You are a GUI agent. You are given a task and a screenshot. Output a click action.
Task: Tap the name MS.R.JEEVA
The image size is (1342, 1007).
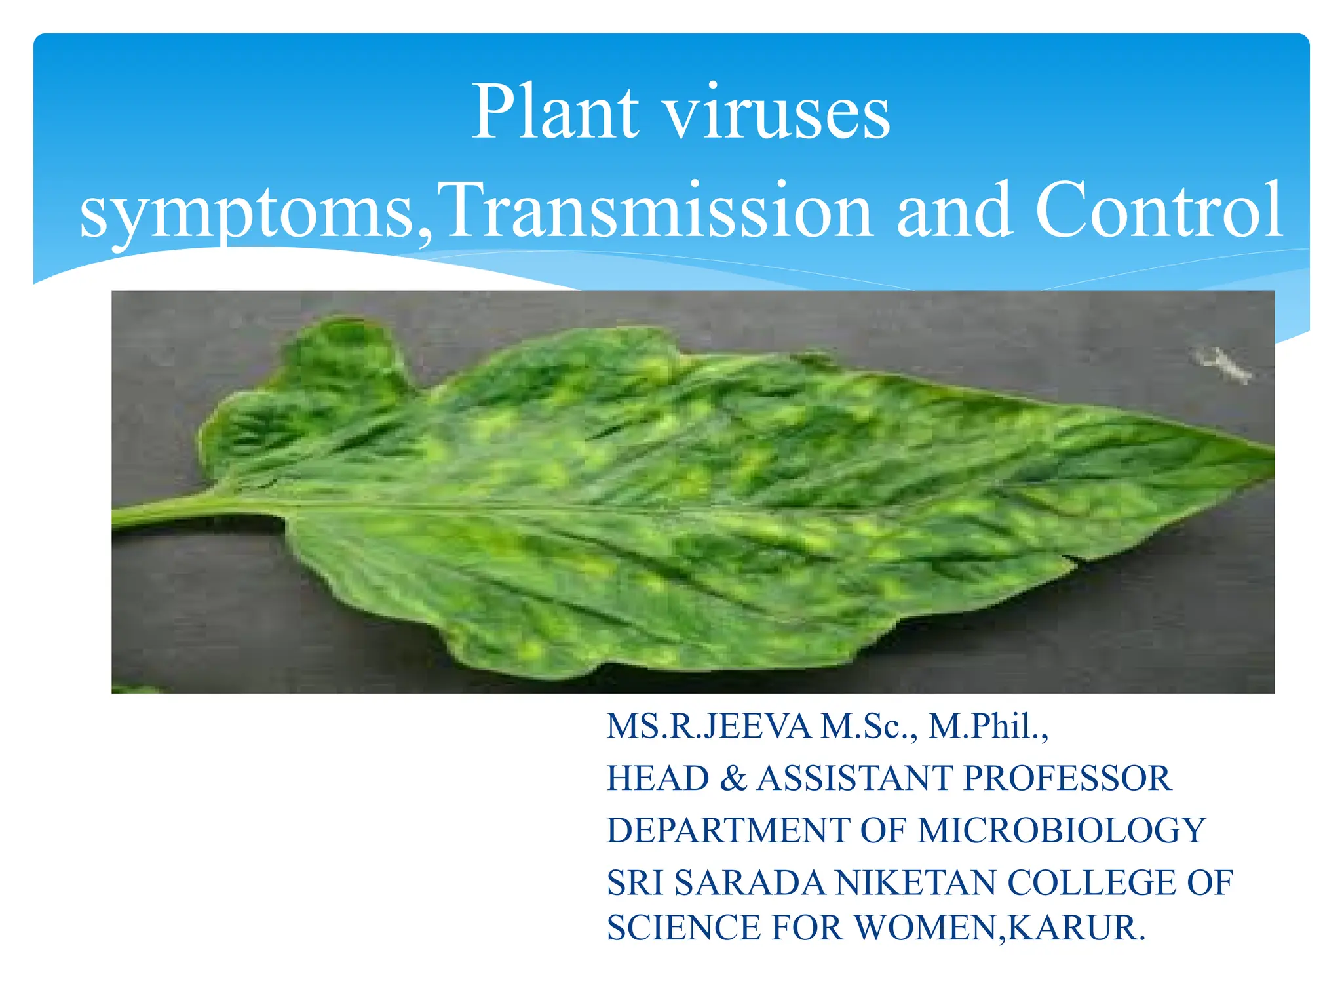[708, 726]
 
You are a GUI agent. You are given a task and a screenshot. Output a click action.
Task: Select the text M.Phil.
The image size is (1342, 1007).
[986, 726]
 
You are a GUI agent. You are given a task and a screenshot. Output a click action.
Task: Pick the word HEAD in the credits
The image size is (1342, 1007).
[657, 779]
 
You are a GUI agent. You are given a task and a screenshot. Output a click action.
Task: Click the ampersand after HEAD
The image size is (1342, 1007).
[733, 779]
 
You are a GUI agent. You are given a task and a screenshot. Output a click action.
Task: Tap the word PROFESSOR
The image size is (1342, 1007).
[1066, 779]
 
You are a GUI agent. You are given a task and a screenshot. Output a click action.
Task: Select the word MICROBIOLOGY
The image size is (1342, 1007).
[1062, 831]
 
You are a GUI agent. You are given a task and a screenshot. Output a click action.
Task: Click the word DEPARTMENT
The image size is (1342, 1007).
[727, 831]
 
